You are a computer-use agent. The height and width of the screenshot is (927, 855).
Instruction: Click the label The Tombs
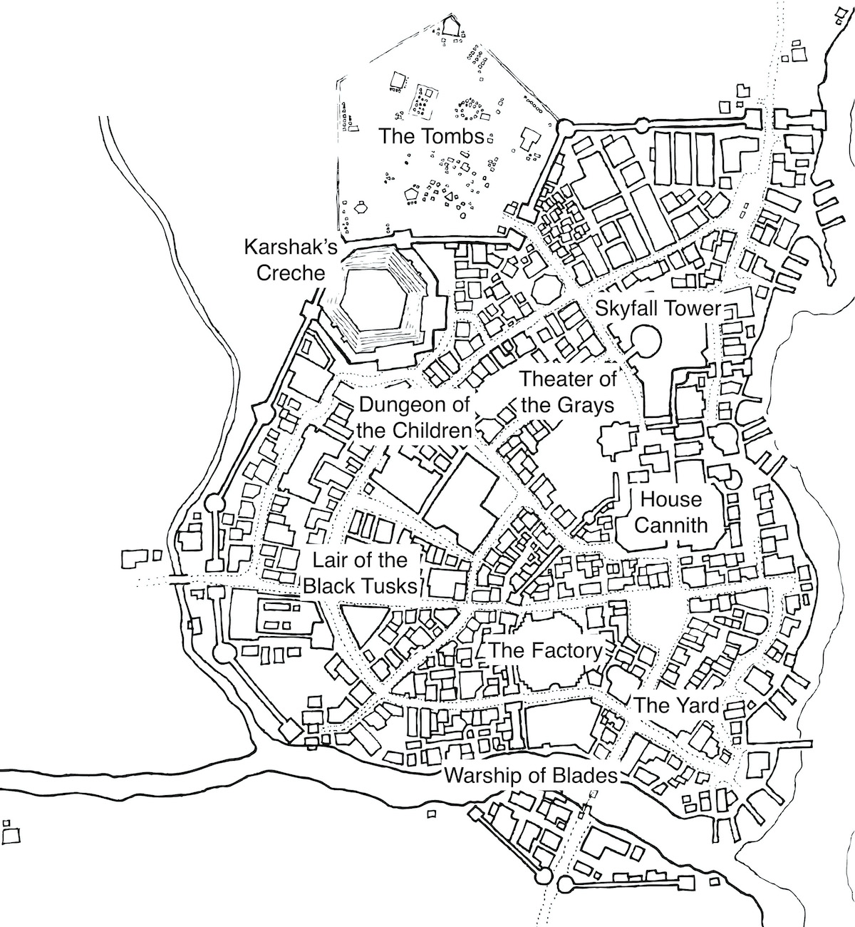tap(431, 135)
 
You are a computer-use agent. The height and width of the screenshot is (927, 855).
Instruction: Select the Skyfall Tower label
tap(658, 309)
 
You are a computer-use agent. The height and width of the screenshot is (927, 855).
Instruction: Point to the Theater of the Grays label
tap(568, 392)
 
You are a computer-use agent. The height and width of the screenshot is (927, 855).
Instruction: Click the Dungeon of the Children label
tap(415, 418)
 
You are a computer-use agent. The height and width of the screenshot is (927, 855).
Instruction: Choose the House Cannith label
tap(670, 512)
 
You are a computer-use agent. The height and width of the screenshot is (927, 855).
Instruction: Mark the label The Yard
tap(676, 706)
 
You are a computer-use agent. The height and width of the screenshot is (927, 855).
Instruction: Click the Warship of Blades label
tap(530, 775)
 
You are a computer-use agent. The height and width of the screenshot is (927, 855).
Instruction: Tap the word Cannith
tap(670, 526)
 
